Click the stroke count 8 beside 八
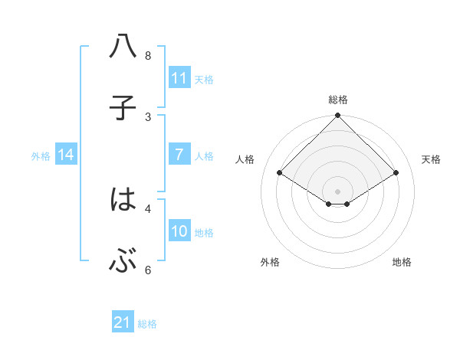(x=147, y=56)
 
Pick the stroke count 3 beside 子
(x=147, y=117)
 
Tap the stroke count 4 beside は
(x=147, y=208)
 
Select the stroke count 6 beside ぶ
(x=147, y=270)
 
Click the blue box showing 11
(x=179, y=78)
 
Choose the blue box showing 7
(x=179, y=155)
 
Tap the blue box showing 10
(x=179, y=231)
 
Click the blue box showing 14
(x=66, y=155)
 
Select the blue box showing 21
(x=123, y=323)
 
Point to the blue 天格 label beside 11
(x=204, y=79)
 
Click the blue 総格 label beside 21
(x=147, y=324)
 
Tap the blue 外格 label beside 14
(x=41, y=155)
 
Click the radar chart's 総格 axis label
(x=338, y=100)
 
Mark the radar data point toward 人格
(x=280, y=172)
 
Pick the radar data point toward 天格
(x=396, y=172)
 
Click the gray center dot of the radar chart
(x=338, y=191)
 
